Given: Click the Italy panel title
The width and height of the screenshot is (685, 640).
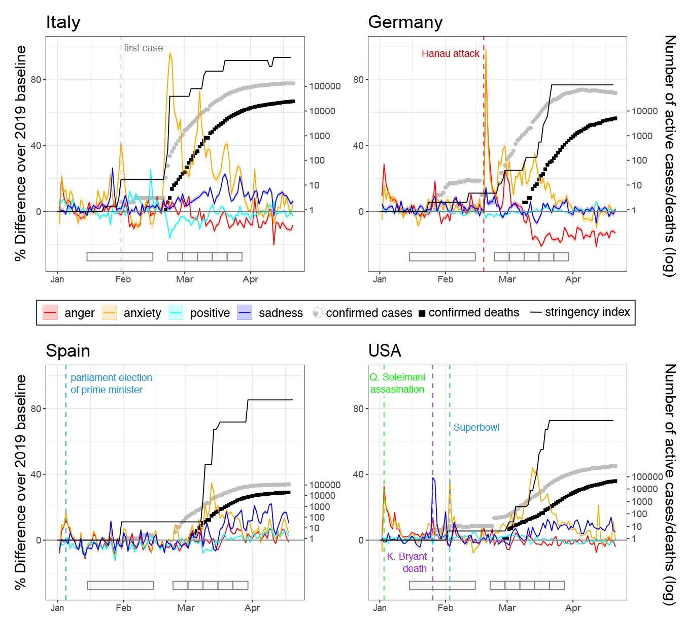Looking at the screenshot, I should [63, 22].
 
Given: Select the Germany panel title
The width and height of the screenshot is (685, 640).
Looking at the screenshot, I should [405, 22].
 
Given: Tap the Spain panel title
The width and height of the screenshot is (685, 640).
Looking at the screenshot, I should [67, 351].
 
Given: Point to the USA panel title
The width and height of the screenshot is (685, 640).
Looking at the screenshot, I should [385, 351].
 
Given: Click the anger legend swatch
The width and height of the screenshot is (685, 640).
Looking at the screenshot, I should [50, 313].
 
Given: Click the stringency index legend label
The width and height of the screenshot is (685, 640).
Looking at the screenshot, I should [587, 312].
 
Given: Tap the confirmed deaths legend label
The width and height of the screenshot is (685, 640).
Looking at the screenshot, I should [473, 312].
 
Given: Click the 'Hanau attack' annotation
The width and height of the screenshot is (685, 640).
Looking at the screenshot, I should [450, 53].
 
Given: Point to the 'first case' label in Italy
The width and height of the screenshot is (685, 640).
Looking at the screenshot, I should [143, 48].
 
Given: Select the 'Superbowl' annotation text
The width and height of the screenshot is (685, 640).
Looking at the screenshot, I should [476, 427].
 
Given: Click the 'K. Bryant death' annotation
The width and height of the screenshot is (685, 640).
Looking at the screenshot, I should [407, 562].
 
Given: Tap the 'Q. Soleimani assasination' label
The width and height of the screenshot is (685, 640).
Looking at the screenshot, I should [397, 383].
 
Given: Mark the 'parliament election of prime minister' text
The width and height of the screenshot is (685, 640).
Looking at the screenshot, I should [111, 383].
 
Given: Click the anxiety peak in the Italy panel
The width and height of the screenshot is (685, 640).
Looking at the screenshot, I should [170, 52].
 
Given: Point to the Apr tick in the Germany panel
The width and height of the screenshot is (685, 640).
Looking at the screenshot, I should [573, 279].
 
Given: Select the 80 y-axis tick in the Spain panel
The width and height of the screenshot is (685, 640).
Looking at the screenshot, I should [36, 408].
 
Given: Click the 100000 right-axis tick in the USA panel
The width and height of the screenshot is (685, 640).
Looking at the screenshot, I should [647, 476].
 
